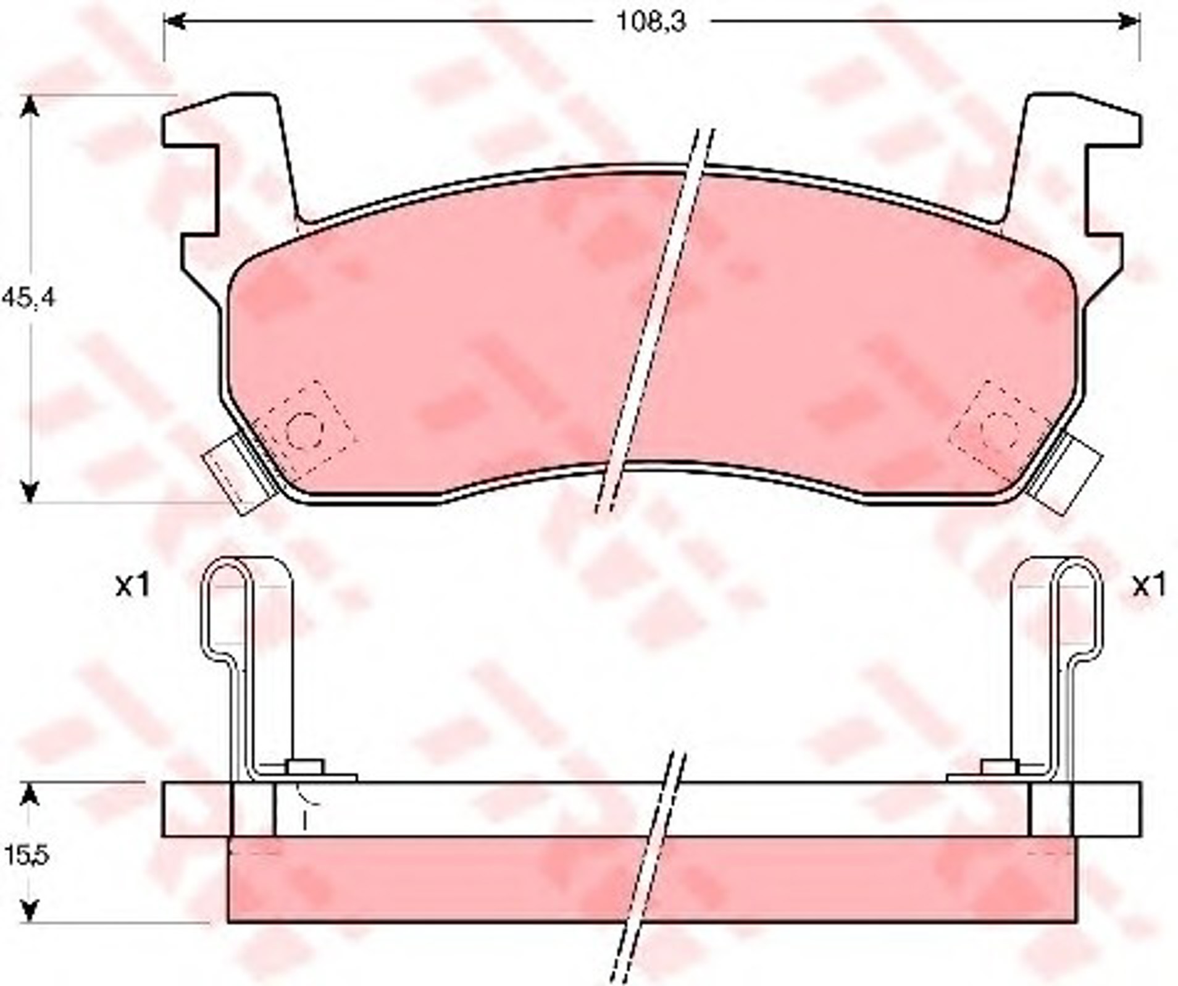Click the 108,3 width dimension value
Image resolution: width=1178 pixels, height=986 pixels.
652,23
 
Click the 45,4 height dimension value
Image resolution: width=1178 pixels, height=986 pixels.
28,298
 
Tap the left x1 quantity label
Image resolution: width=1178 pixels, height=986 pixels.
132,585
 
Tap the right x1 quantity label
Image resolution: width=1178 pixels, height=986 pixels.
1148,585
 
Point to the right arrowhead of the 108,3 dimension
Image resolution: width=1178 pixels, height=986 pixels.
1127,23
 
